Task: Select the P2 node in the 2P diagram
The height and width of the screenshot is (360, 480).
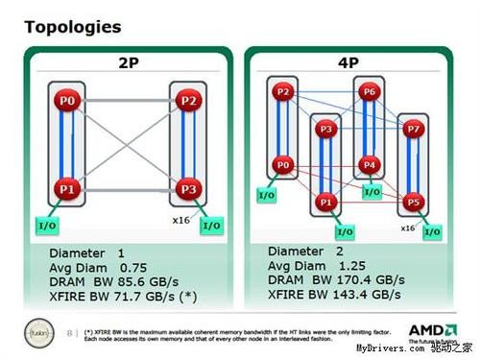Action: pos(188,100)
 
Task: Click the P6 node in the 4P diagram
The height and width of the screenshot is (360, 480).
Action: pos(371,92)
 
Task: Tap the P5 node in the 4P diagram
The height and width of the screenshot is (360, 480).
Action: pos(415,203)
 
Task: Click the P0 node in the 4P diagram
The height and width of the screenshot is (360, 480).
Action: pos(281,165)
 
